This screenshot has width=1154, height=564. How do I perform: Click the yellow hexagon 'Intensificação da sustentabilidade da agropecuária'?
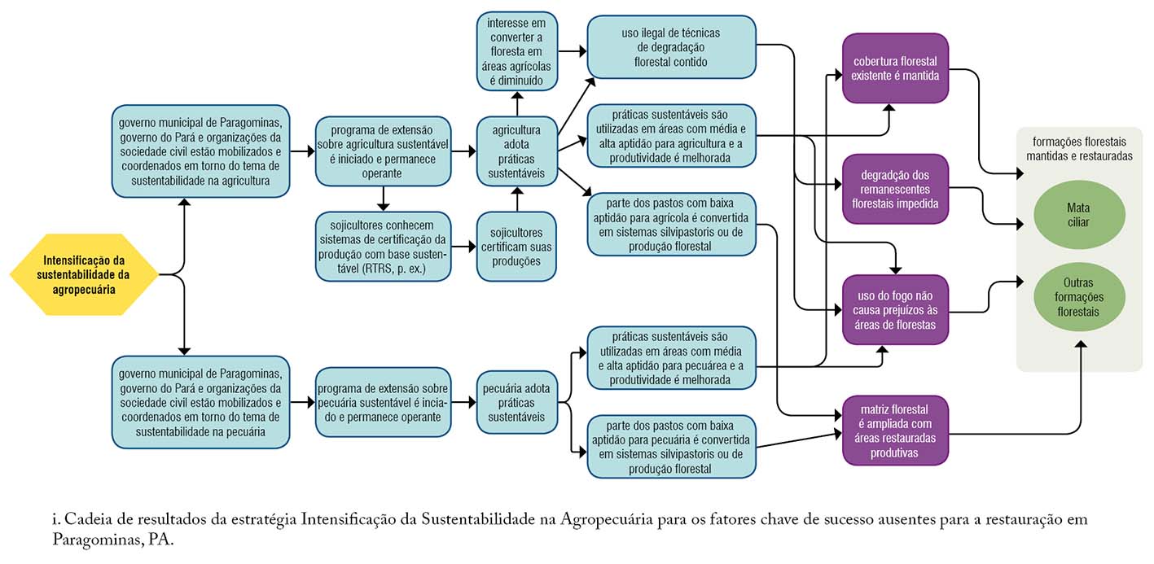tap(84, 274)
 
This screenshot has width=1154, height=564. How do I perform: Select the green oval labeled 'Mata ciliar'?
tap(1078, 215)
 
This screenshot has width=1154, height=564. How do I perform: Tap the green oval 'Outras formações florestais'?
tap(1078, 297)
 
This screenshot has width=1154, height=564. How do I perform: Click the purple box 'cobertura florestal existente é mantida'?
tap(895, 68)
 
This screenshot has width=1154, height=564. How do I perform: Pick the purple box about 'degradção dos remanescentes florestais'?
tap(895, 189)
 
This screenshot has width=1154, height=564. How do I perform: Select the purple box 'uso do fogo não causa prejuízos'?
tap(895, 310)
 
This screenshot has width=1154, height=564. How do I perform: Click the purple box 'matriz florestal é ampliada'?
tap(895, 431)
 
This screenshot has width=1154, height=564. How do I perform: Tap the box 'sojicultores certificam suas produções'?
tap(516, 247)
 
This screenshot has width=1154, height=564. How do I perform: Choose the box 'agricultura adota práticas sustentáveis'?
tap(516, 151)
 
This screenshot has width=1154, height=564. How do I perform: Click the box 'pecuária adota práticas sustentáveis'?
tap(516, 402)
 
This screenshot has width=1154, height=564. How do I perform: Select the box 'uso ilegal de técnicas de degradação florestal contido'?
tap(671, 47)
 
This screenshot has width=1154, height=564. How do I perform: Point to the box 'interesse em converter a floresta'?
tap(516, 51)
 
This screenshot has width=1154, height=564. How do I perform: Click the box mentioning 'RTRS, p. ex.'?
tap(383, 247)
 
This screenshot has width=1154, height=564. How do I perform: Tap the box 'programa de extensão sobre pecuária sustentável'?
tap(383, 402)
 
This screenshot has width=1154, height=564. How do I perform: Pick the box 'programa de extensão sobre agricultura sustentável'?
tap(383, 151)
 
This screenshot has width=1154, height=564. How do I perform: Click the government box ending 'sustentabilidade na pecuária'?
tap(200, 402)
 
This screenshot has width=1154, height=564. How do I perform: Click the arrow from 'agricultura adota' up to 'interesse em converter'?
tap(517, 103)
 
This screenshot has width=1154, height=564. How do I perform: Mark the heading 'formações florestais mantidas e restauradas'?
tap(1079, 149)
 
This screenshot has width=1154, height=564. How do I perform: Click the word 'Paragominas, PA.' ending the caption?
tap(113, 540)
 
